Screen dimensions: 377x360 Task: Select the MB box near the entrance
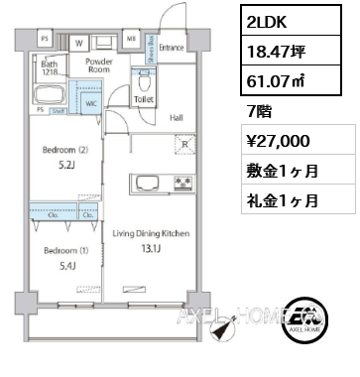pyautogui.click(x=131, y=39)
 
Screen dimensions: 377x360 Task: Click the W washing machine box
pyautogui.click(x=78, y=44)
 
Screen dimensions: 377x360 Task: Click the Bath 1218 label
pyautogui.click(x=51, y=67)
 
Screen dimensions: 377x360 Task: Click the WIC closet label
pyautogui.click(x=90, y=101)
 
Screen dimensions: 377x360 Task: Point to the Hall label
pyautogui.click(x=175, y=117)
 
